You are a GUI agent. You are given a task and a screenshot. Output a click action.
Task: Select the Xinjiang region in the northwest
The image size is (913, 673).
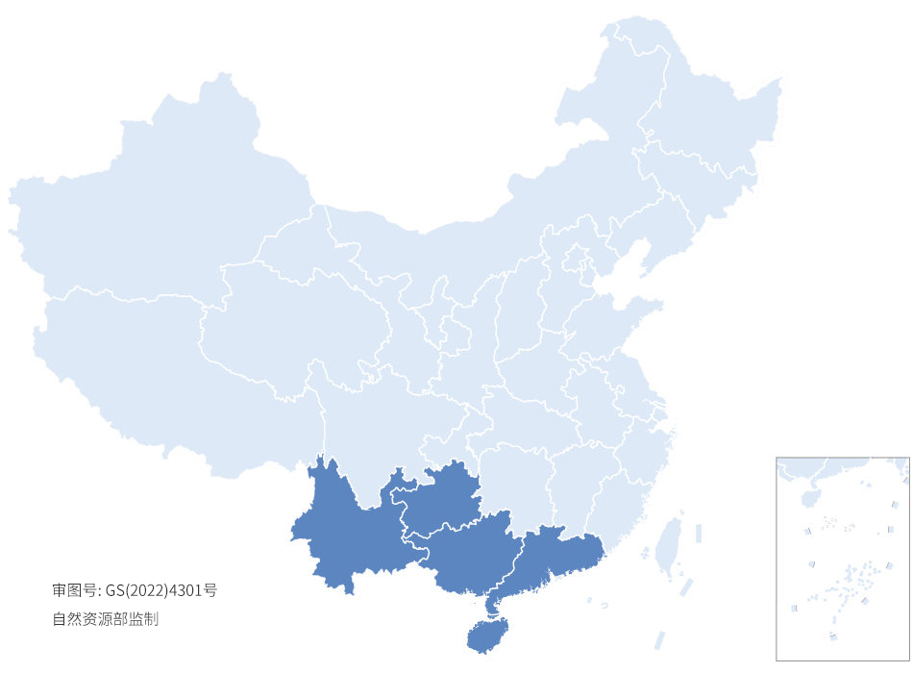pos(154,212)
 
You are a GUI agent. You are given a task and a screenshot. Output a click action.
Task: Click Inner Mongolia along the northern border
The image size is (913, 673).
pos(481,221)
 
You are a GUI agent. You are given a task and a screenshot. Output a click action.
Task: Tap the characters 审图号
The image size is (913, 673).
pos(75,590)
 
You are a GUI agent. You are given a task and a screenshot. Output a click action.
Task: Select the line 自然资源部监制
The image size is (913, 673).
pos(105,619)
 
